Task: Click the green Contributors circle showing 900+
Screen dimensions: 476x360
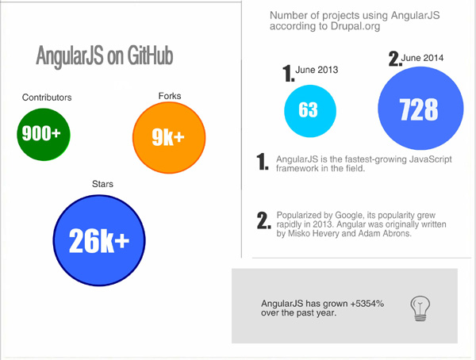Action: pos(44,134)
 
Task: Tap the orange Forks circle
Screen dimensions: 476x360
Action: pos(169,137)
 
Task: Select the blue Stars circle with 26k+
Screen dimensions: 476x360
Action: pos(99,240)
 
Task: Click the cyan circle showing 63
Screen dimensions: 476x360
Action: pos(310,111)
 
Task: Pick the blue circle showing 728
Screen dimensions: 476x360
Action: pos(420,108)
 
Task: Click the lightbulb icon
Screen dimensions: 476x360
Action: pos(420,308)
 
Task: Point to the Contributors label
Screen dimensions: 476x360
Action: pos(47,98)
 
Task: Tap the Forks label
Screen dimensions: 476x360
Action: pos(170,96)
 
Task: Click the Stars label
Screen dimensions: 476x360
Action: pos(102,184)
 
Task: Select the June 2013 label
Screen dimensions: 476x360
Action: pos(317,70)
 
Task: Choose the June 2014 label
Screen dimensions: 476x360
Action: pos(422,58)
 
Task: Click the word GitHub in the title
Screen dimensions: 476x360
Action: pos(150,56)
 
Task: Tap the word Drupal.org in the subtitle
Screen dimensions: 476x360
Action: pos(355,26)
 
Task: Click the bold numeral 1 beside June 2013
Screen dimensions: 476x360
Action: pos(288,74)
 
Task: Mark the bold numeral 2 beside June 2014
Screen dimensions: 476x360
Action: pos(395,58)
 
